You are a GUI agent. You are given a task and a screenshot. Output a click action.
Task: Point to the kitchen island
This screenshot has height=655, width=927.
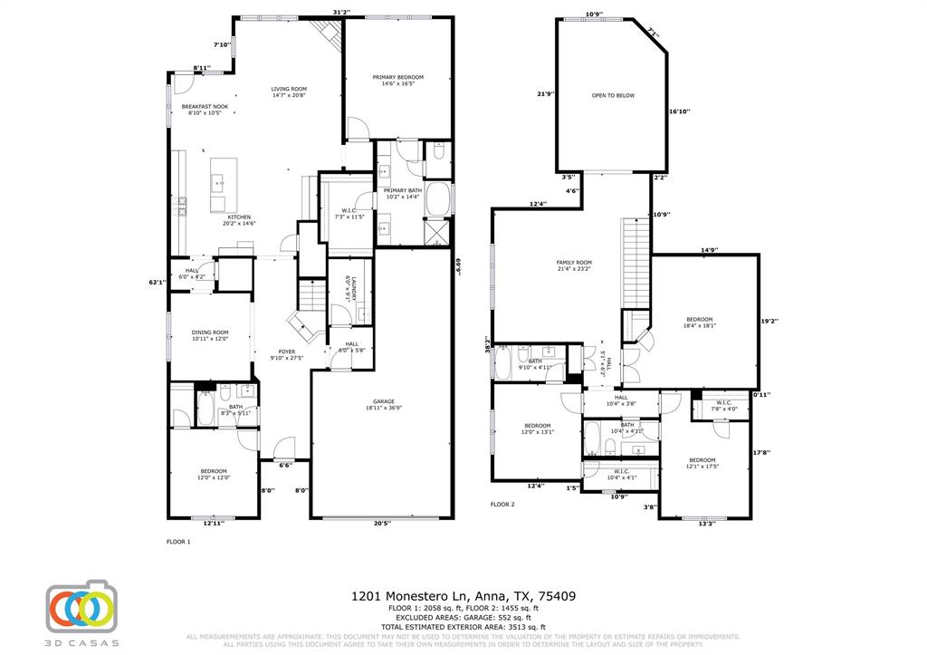(x=224, y=184)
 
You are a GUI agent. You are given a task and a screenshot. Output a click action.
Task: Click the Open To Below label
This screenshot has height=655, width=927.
(x=613, y=95)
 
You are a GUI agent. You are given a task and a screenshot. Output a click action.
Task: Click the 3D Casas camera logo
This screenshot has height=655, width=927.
(x=81, y=607)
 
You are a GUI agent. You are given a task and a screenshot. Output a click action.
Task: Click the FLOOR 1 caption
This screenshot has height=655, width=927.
(x=178, y=541)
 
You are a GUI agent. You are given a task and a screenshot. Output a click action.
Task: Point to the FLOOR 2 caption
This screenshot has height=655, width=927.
(x=502, y=504)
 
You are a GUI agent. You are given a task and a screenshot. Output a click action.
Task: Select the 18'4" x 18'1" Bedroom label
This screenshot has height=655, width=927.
(x=699, y=323)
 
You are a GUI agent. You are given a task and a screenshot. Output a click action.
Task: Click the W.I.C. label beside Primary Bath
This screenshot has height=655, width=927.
(x=349, y=213)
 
